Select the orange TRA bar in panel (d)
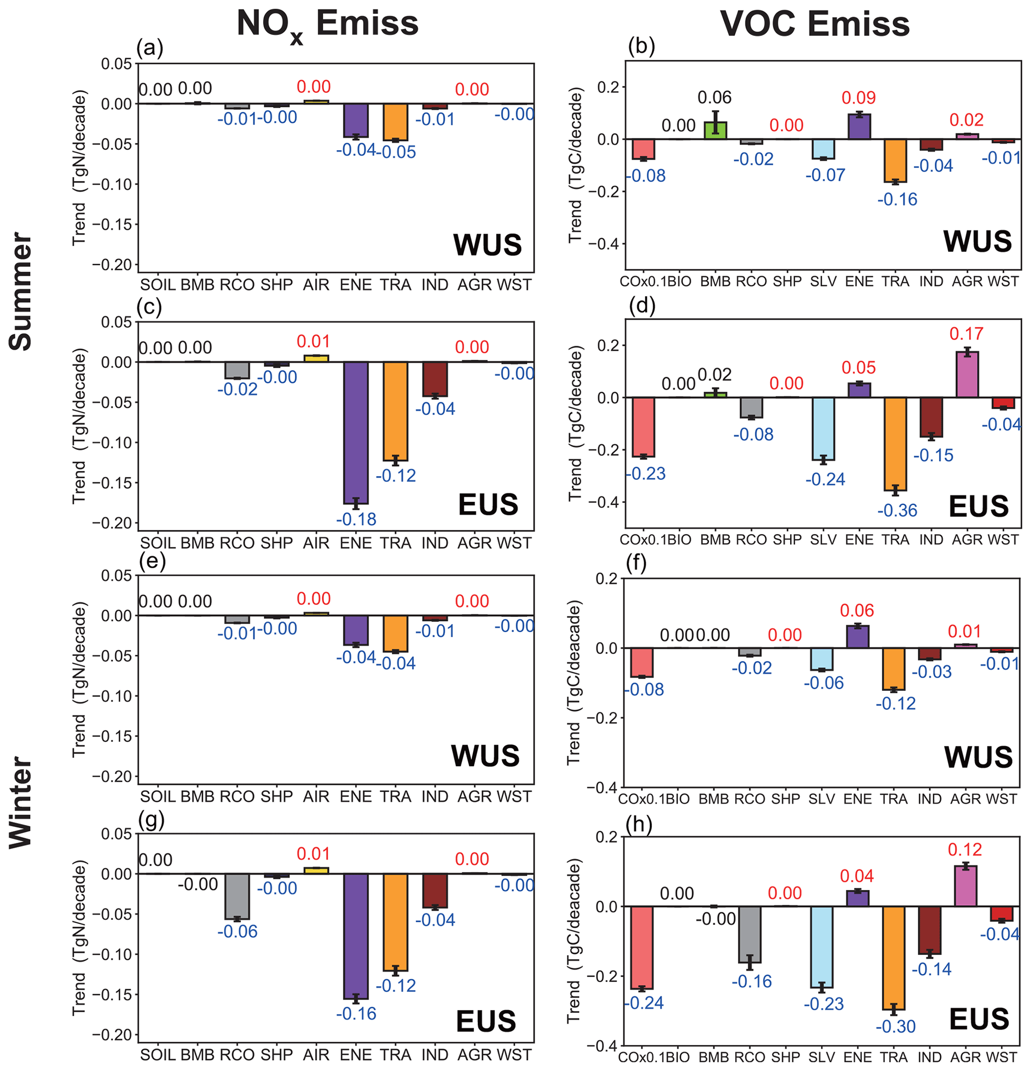pyautogui.click(x=895, y=443)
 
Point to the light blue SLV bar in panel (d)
pyautogui.click(x=823, y=428)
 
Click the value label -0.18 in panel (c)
pyautogui.click(x=356, y=519)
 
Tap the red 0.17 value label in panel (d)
pyautogui.click(x=966, y=333)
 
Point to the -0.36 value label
pyautogui.click(x=897, y=510)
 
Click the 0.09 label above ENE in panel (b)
pyautogui.click(x=858, y=98)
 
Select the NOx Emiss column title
pyautogui.click(x=327, y=25)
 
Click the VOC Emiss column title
pyautogui.click(x=815, y=24)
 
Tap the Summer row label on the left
pyautogui.click(x=21, y=291)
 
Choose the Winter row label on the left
pyautogui.click(x=21, y=802)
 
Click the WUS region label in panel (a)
pyautogui.click(x=487, y=245)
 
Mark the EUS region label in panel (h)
pyautogui.click(x=979, y=1019)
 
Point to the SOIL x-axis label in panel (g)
pyautogui.click(x=158, y=1055)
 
